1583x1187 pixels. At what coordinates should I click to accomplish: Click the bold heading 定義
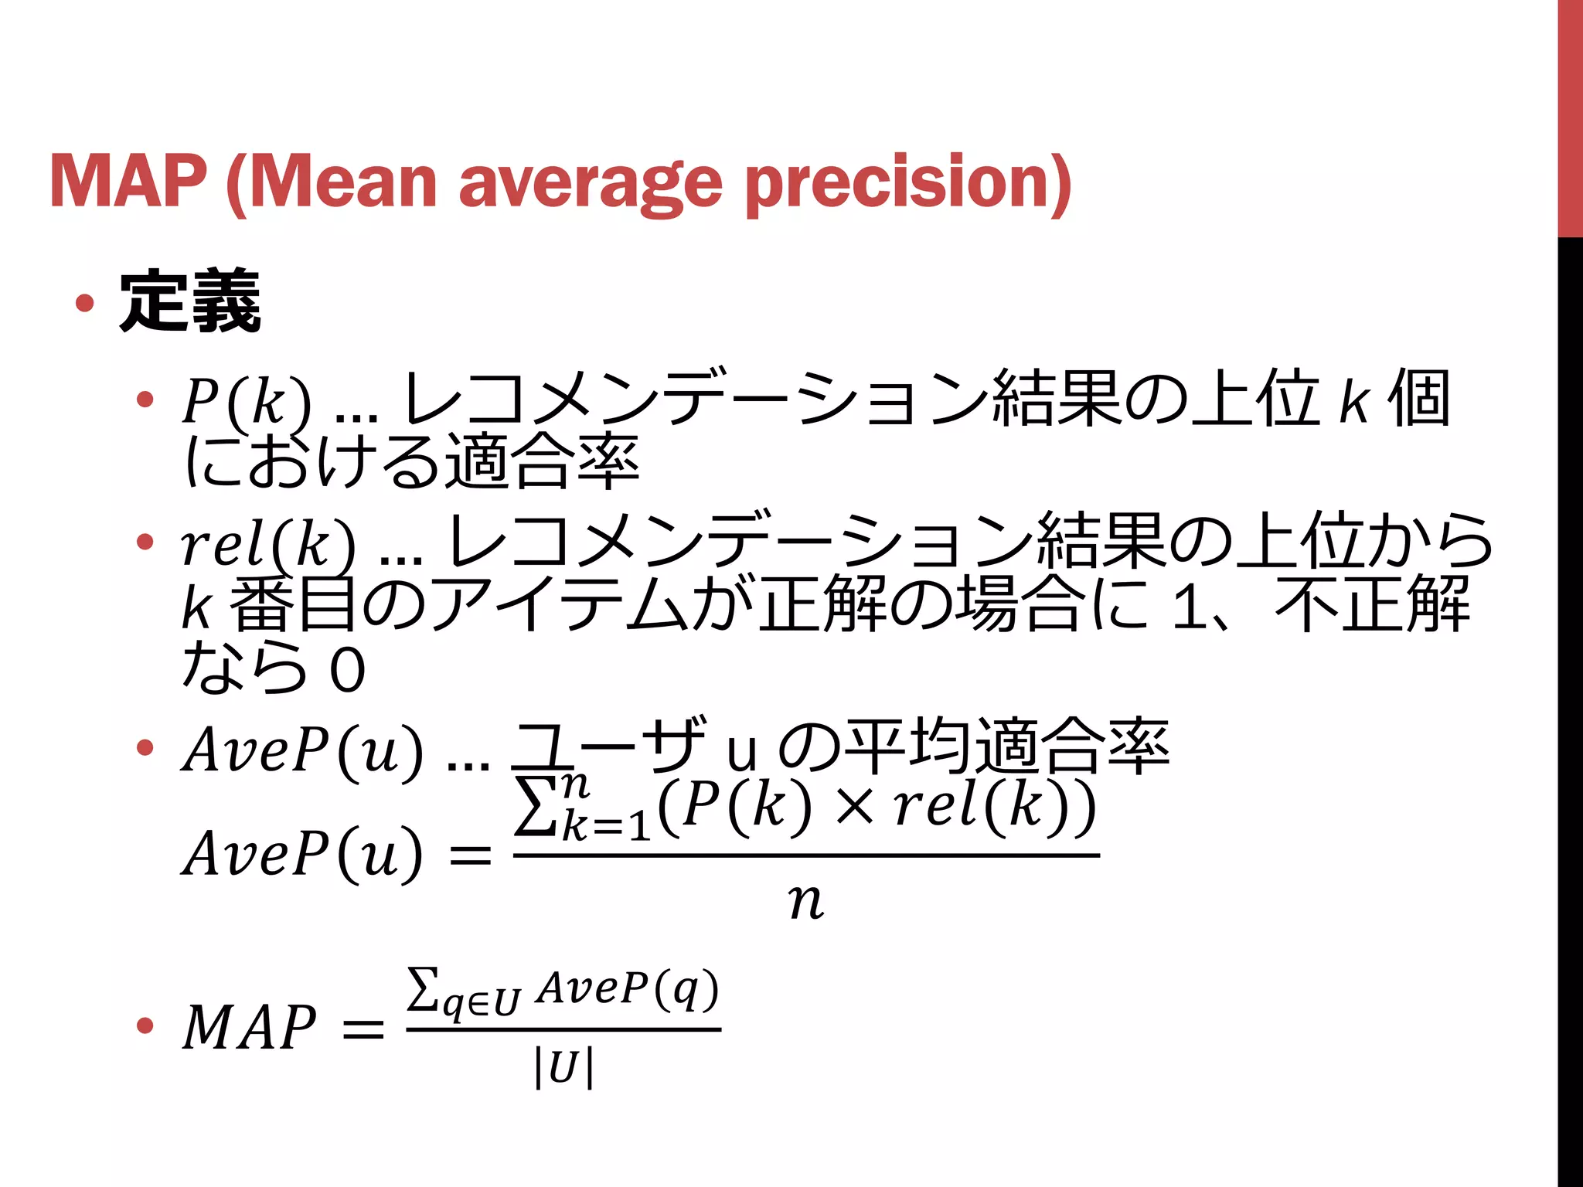pyautogui.click(x=190, y=302)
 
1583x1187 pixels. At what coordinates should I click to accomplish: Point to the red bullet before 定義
pyautogui.click(x=85, y=303)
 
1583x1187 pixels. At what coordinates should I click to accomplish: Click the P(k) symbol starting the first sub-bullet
pyautogui.click(x=247, y=401)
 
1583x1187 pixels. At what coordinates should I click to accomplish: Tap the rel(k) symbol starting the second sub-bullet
pyautogui.click(x=267, y=543)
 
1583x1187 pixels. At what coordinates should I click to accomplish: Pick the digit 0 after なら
pyautogui.click(x=347, y=669)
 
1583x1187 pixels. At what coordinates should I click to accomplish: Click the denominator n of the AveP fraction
pyautogui.click(x=806, y=901)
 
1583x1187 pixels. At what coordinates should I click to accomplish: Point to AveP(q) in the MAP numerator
pyautogui.click(x=628, y=988)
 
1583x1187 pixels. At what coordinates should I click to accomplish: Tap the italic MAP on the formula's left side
pyautogui.click(x=249, y=1027)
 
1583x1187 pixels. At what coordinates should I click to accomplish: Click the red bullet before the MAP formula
pyautogui.click(x=145, y=1025)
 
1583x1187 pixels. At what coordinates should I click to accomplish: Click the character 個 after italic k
pyautogui.click(x=1418, y=400)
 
